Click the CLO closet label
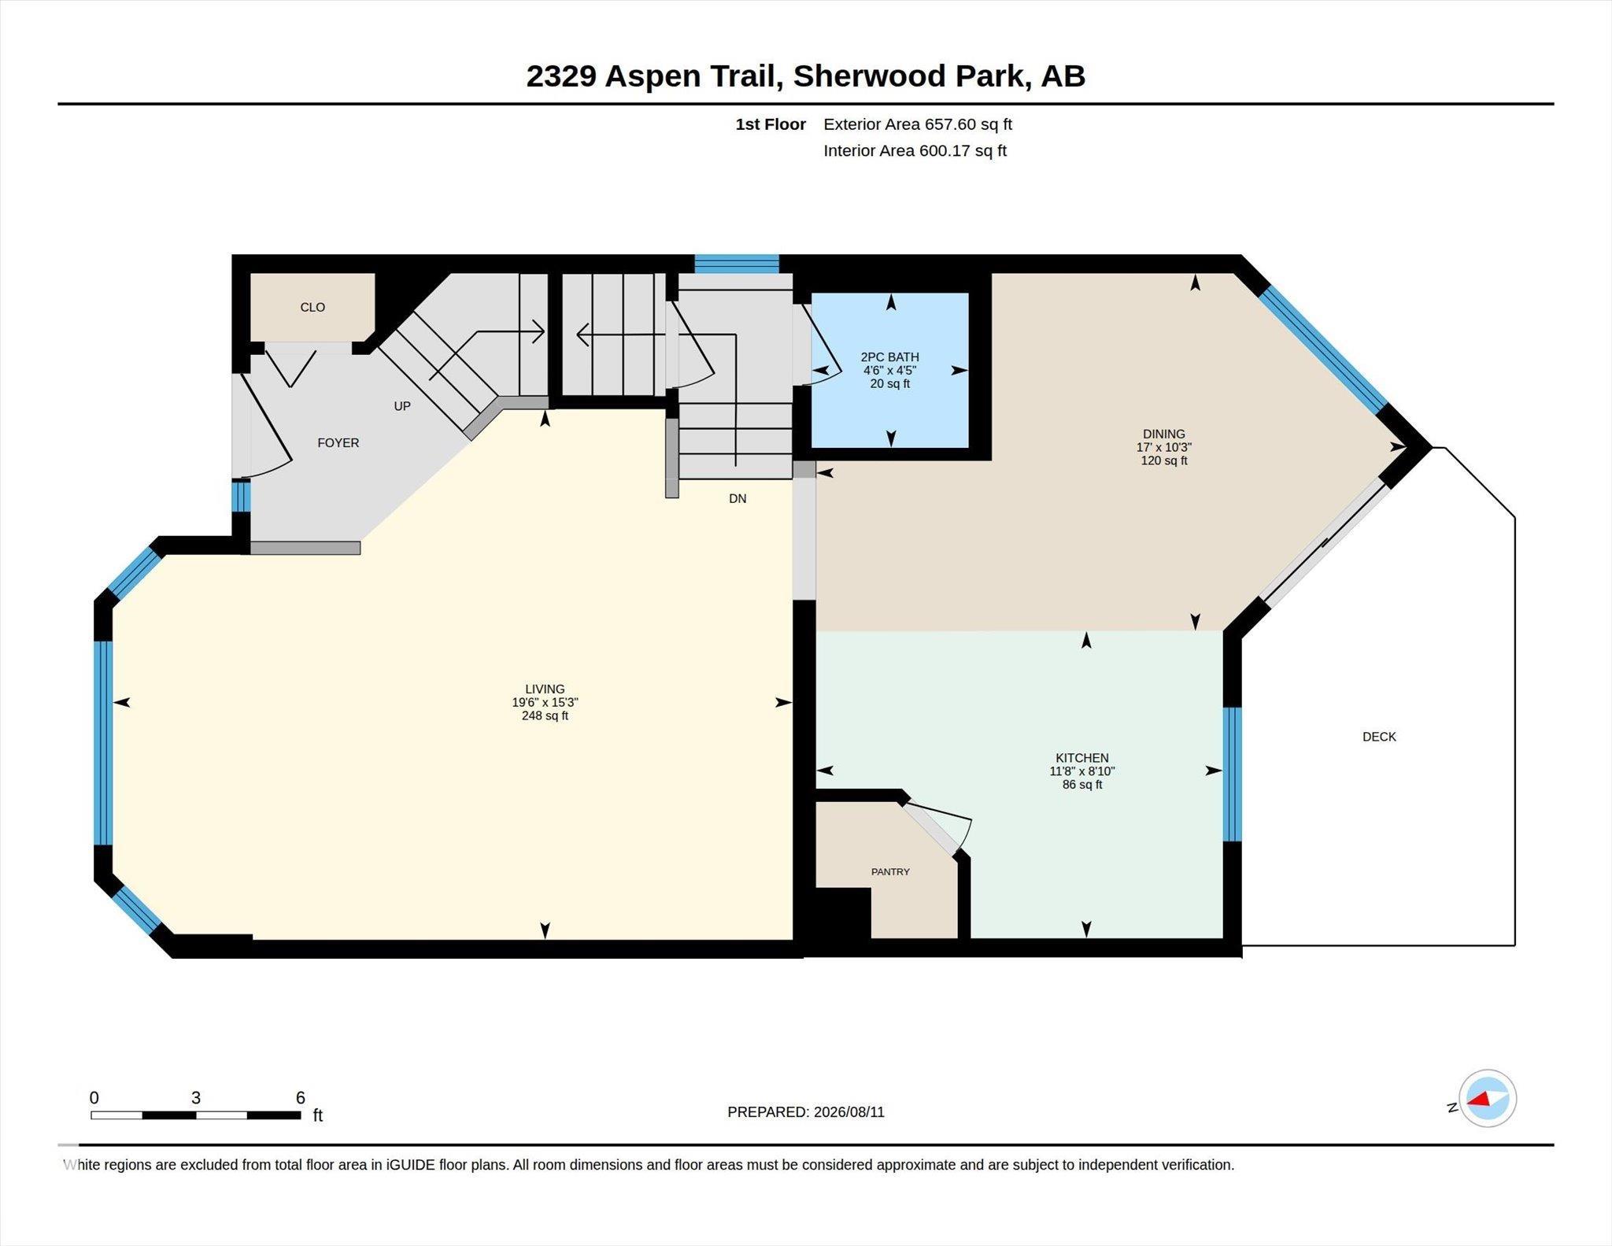pyautogui.click(x=312, y=307)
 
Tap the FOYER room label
pyautogui.click(x=338, y=443)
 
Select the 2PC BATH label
pyautogui.click(x=890, y=357)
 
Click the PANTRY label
pyautogui.click(x=890, y=871)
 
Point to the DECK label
pyautogui.click(x=1379, y=737)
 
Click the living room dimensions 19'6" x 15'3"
pyautogui.click(x=545, y=702)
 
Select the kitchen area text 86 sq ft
pyautogui.click(x=1082, y=785)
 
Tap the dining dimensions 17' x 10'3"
pyautogui.click(x=1164, y=447)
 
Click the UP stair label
pyautogui.click(x=402, y=406)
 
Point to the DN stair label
pyautogui.click(x=738, y=498)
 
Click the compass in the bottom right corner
pyautogui.click(x=1488, y=1099)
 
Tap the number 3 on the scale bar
pyautogui.click(x=196, y=1097)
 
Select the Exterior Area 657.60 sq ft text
pyautogui.click(x=918, y=124)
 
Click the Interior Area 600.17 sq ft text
pyautogui.click(x=915, y=150)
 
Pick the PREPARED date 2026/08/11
pyautogui.click(x=849, y=1111)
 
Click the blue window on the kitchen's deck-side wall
pyautogui.click(x=1233, y=775)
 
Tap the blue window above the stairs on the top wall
pyautogui.click(x=737, y=264)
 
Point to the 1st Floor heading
pyautogui.click(x=771, y=124)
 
